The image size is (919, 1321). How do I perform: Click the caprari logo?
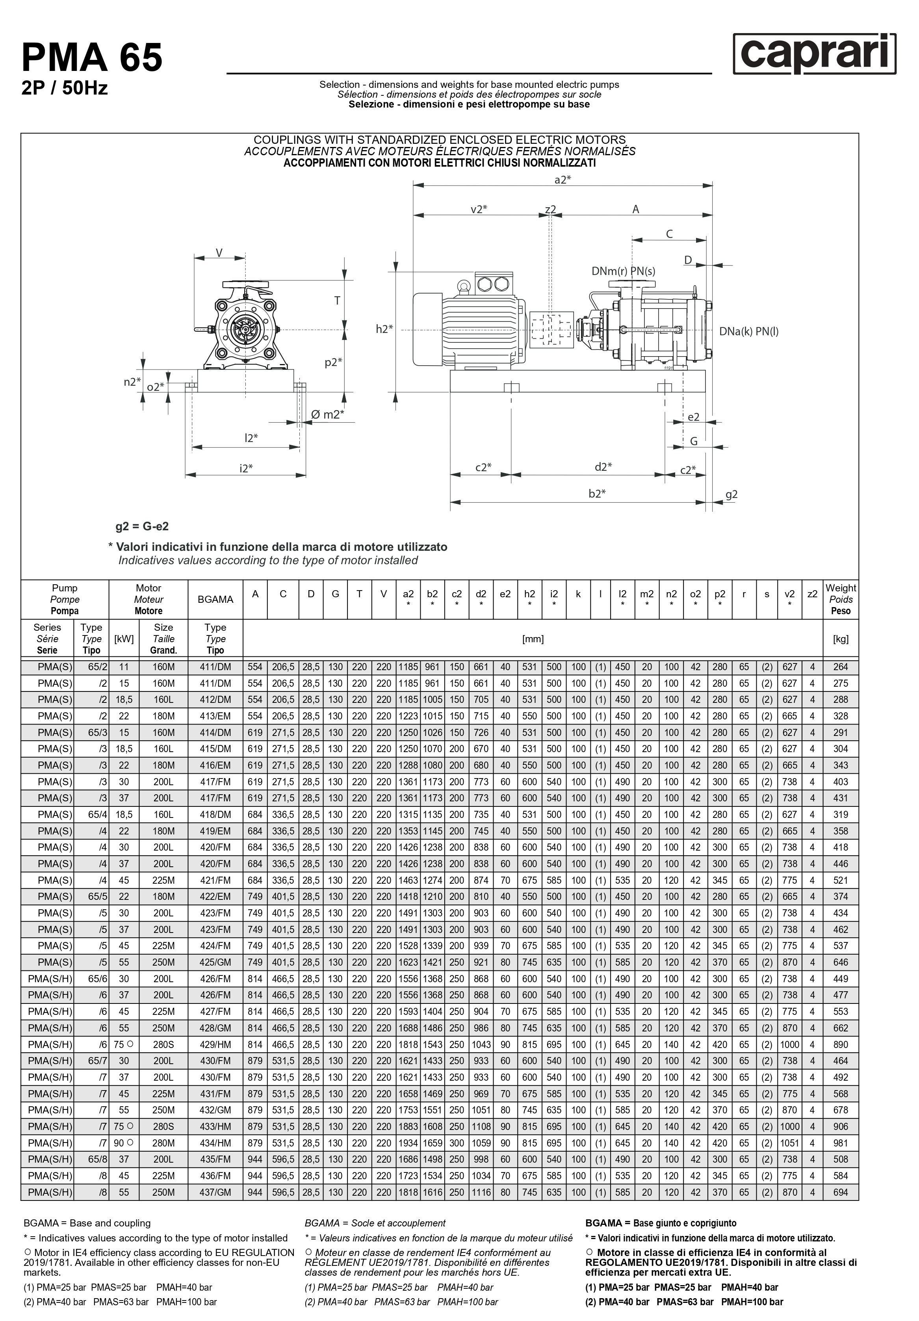(x=814, y=54)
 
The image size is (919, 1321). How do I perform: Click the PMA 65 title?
(x=92, y=58)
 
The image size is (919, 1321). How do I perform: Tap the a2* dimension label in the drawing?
(x=563, y=180)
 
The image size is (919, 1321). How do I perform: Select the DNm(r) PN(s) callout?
(x=624, y=271)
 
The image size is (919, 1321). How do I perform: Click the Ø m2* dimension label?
(x=327, y=414)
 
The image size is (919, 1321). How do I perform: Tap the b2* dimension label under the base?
(x=597, y=493)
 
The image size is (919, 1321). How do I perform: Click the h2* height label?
(x=384, y=329)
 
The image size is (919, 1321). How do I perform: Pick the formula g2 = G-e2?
(x=142, y=526)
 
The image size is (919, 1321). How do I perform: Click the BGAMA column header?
(x=215, y=600)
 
